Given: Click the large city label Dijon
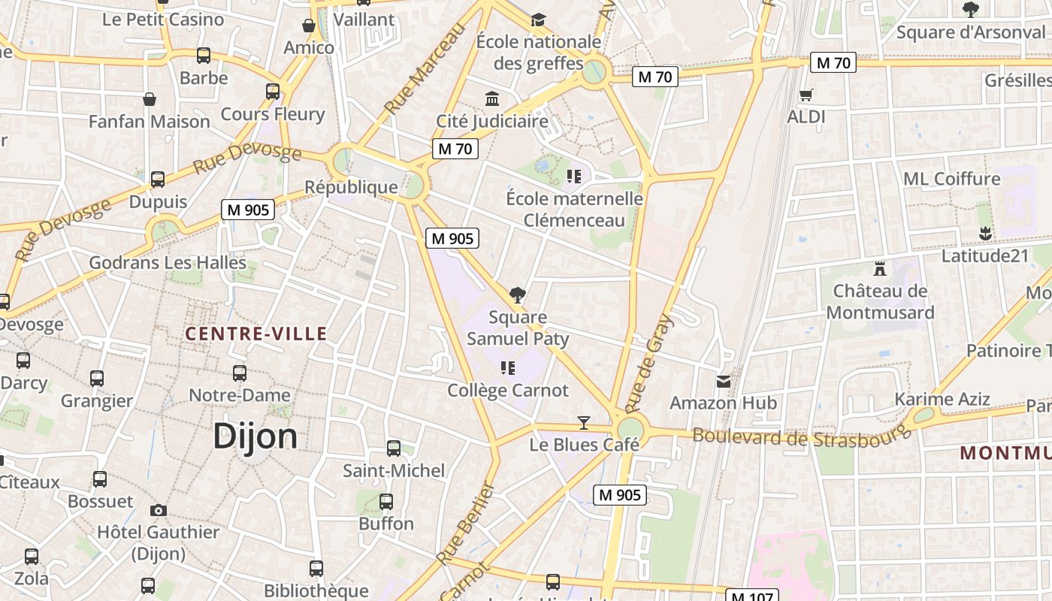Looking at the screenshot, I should click(x=255, y=436).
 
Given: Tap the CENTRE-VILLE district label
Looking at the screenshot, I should click(x=255, y=334).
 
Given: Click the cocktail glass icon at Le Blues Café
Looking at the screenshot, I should click(x=584, y=422).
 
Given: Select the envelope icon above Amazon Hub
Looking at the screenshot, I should click(x=723, y=382).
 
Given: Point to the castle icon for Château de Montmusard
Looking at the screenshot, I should click(x=880, y=268).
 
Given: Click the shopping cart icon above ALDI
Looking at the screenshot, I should click(x=806, y=95).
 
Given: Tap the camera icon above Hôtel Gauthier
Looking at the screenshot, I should click(x=158, y=510).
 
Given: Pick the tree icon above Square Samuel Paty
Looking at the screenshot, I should click(x=517, y=294).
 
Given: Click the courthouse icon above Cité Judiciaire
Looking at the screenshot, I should click(x=492, y=98).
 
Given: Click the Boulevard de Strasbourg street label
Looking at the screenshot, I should click(x=800, y=436).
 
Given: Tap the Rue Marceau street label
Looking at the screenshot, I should click(x=425, y=68).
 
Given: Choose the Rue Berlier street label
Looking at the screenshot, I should click(x=465, y=524).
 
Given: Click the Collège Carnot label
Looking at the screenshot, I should click(x=508, y=391).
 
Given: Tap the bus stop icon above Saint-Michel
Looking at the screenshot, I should click(x=394, y=448).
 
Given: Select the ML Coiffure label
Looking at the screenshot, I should click(x=952, y=179).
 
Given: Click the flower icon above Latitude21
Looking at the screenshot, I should click(x=985, y=234).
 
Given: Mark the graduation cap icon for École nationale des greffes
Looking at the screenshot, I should click(x=538, y=20).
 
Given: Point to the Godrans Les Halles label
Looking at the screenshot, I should click(x=168, y=263).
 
